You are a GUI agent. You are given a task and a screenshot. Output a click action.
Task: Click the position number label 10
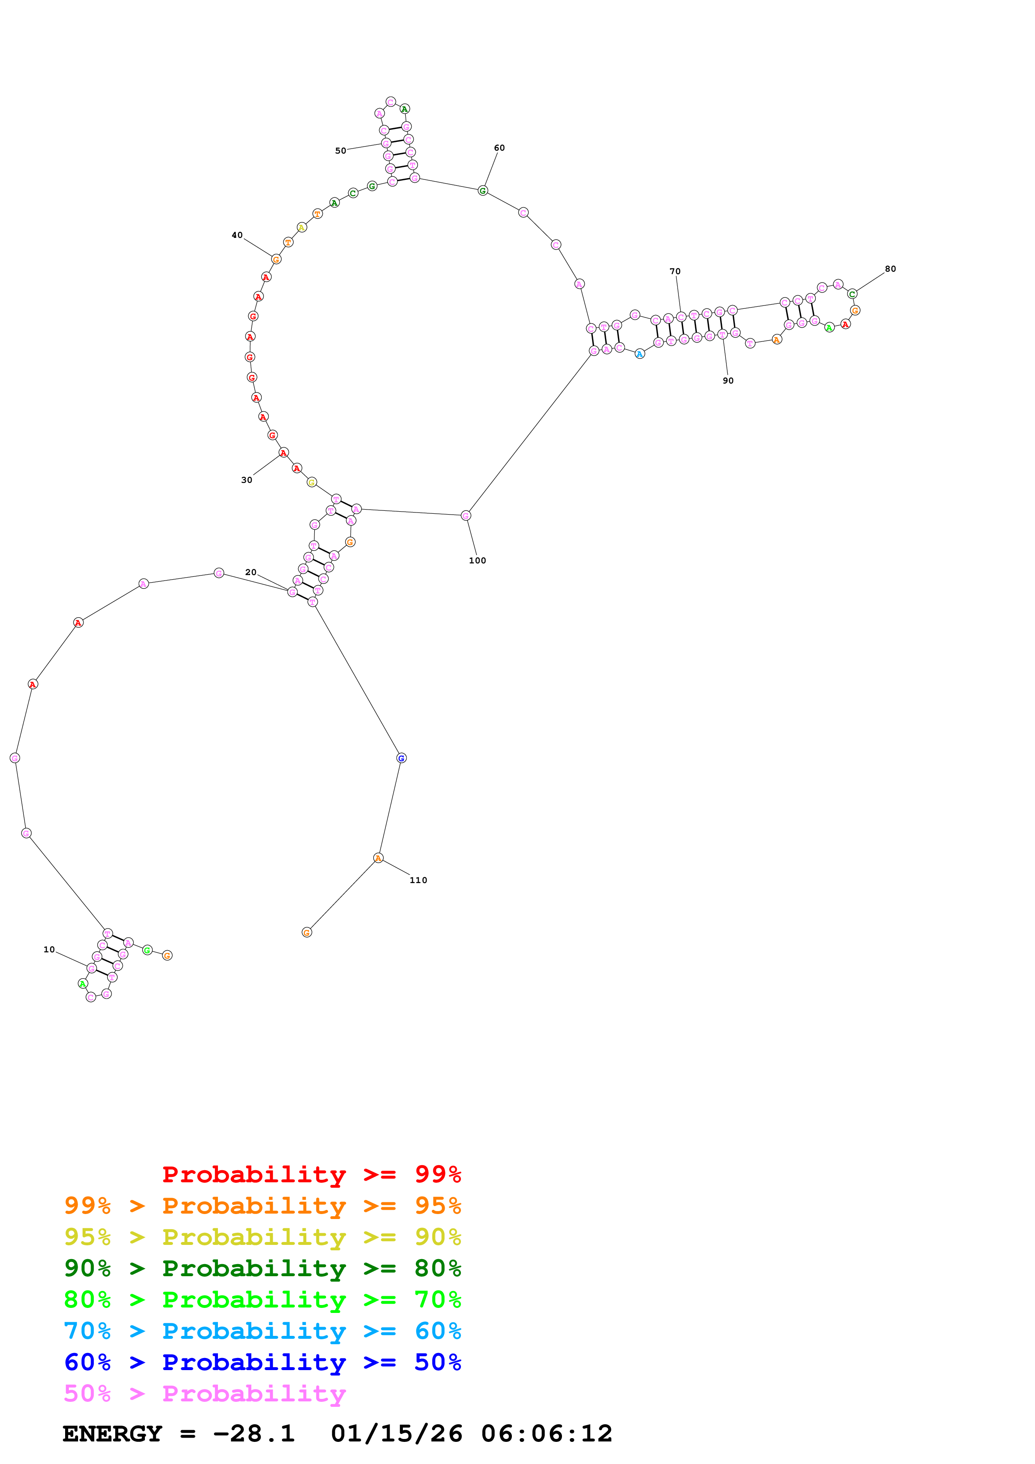49,949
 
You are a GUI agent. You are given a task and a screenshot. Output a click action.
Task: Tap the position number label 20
251,572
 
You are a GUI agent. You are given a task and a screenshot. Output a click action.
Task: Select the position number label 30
247,480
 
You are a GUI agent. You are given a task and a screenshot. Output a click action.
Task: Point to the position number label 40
237,235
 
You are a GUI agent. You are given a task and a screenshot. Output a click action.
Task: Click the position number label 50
341,151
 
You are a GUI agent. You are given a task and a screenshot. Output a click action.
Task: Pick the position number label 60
499,148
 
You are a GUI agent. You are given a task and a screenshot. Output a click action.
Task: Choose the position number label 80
890,269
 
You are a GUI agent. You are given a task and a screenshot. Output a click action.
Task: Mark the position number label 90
728,381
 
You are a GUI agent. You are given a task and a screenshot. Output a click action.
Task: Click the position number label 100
477,560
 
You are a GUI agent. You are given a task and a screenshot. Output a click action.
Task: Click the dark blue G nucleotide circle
401,758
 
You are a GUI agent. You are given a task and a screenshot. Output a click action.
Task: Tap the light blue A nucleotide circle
640,354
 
